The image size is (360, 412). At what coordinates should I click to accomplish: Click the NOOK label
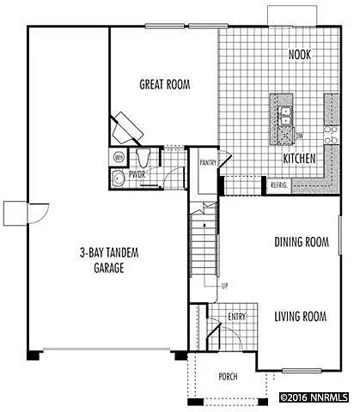(x=299, y=55)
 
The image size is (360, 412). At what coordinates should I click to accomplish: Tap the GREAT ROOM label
(x=164, y=84)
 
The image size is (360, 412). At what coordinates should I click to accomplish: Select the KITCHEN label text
(x=301, y=159)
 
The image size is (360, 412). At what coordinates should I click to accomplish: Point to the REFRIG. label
(x=279, y=185)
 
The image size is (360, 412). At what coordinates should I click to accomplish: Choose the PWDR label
(x=137, y=174)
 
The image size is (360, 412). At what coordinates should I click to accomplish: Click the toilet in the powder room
(x=143, y=158)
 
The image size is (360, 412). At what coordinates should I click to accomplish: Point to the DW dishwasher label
(x=298, y=136)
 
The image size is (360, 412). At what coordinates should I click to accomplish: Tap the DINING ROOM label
(x=302, y=242)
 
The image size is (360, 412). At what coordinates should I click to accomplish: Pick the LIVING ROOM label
(x=301, y=317)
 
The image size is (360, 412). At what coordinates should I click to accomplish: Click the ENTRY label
(x=236, y=317)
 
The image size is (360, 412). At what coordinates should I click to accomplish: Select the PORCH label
(x=228, y=376)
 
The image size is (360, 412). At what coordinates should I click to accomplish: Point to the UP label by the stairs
(x=224, y=284)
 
